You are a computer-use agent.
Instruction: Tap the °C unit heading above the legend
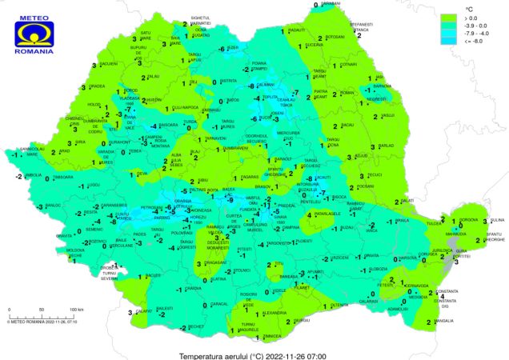(x=471, y=6)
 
